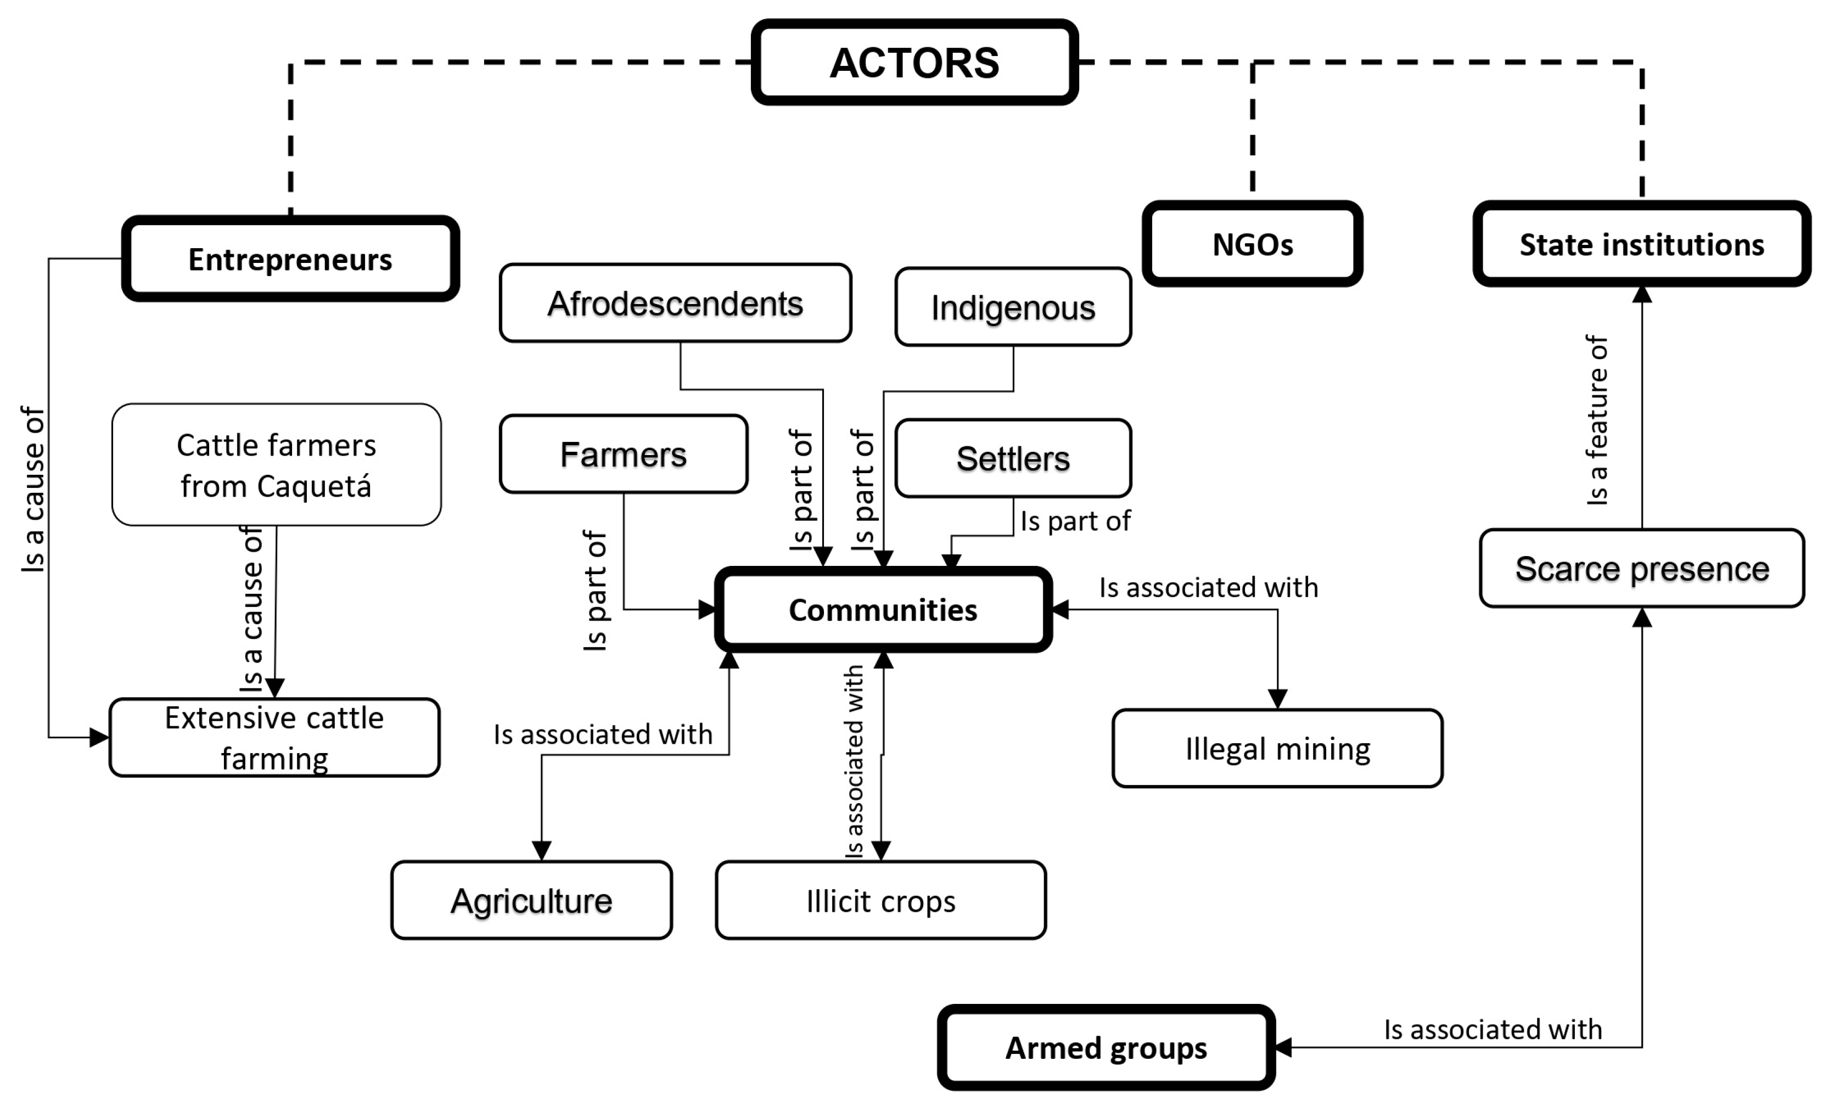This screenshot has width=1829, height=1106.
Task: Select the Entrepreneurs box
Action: [290, 259]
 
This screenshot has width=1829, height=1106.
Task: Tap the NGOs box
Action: [1252, 244]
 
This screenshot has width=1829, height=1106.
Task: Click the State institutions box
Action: [1642, 244]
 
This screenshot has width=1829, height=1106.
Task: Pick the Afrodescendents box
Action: [676, 303]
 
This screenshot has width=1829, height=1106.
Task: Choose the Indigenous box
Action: [1013, 307]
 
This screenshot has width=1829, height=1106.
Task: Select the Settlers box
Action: [1013, 458]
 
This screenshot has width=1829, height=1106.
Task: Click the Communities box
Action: [883, 609]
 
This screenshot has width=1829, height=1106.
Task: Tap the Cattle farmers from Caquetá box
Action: [276, 465]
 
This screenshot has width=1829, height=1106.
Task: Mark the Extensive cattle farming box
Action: [274, 737]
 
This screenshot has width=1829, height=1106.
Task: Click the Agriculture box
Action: [531, 900]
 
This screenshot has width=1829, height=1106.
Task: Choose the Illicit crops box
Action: [881, 900]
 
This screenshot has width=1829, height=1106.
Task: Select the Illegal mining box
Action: [1277, 748]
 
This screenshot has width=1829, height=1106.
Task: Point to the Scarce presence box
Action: [1642, 569]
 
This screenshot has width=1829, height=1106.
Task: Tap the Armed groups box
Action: [1106, 1047]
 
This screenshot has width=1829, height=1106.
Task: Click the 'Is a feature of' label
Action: [1597, 420]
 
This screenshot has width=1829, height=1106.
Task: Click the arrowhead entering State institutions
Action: [1642, 294]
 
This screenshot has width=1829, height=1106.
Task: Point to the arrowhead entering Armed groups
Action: [1283, 1047]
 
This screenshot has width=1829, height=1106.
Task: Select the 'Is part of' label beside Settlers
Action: [1075, 521]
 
